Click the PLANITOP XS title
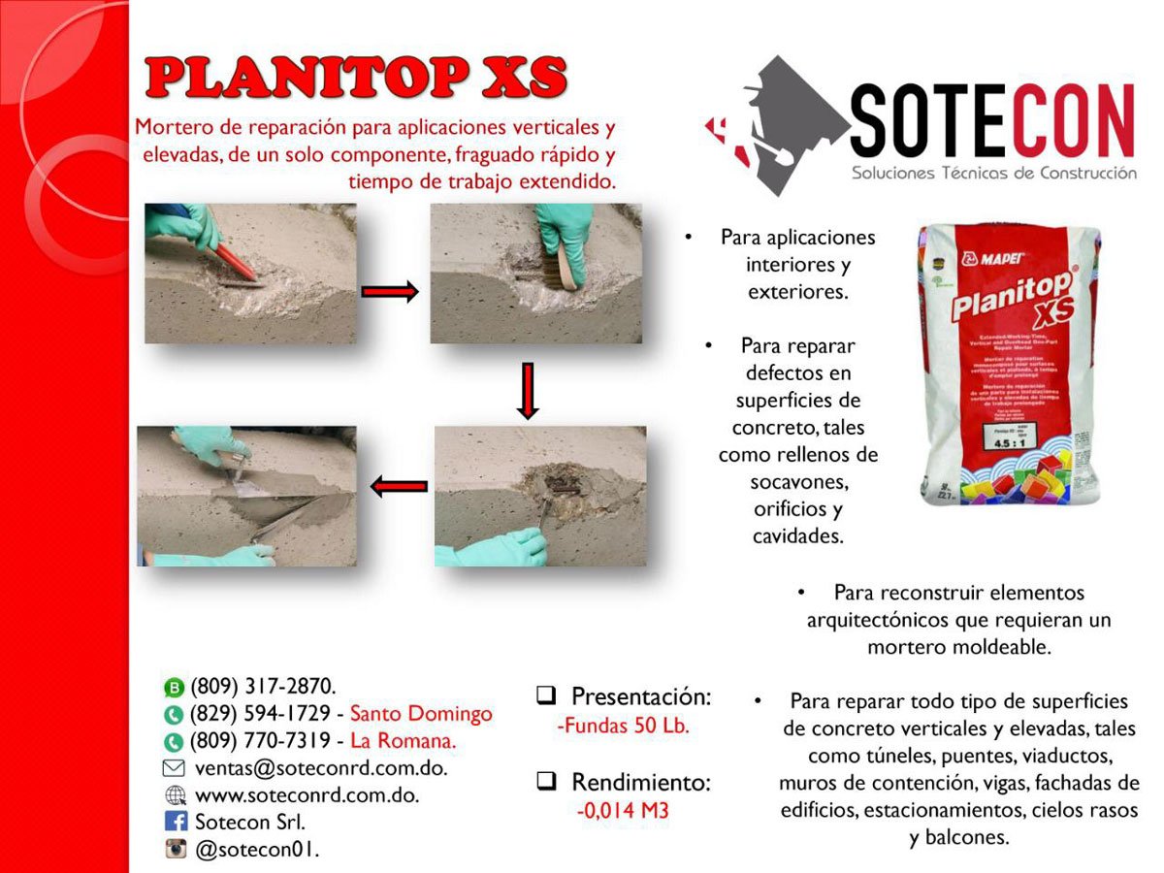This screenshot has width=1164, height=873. (x=355, y=79)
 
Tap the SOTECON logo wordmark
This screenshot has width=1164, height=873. (x=991, y=120)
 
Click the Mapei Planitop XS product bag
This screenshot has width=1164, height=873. (x=1009, y=364)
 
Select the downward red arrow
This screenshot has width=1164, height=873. (x=527, y=391)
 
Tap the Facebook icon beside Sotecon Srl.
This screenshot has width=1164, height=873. (x=176, y=822)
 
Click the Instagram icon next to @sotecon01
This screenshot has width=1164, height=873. (x=176, y=850)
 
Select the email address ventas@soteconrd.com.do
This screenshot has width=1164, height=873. (x=321, y=767)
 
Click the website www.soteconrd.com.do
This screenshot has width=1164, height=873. (x=307, y=794)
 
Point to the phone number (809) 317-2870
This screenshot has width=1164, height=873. (x=264, y=687)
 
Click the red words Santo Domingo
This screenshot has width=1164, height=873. (x=421, y=714)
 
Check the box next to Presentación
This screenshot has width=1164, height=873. (x=546, y=695)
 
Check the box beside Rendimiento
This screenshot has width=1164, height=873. (x=546, y=781)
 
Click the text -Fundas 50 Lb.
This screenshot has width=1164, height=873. (x=623, y=726)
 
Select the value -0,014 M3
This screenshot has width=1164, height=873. (x=623, y=811)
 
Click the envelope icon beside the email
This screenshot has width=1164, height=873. (x=176, y=768)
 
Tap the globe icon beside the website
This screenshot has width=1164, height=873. (x=176, y=795)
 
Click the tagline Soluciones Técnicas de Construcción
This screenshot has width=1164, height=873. (x=993, y=173)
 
